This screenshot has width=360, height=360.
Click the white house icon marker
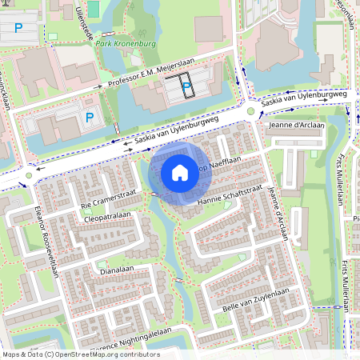[x=180, y=172]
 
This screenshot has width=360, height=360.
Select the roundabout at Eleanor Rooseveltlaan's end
[x=30, y=175]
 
